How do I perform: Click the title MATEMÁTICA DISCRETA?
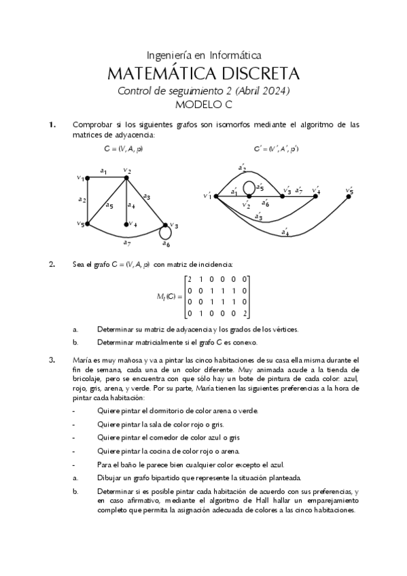[204, 73]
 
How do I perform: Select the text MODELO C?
[204, 105]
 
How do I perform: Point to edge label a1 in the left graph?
[104, 171]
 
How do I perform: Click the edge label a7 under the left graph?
[126, 242]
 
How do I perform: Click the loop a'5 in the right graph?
[249, 185]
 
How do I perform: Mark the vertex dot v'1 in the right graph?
[215, 196]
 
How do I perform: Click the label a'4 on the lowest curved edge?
[285, 232]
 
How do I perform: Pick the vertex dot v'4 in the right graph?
[317, 196]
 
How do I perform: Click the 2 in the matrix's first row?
[190, 279]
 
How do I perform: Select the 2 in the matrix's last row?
[245, 313]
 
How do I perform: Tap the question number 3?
[51, 359]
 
